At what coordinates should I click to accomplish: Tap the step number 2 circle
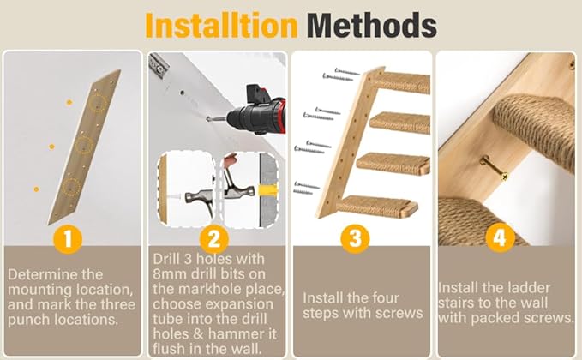[213, 236]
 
